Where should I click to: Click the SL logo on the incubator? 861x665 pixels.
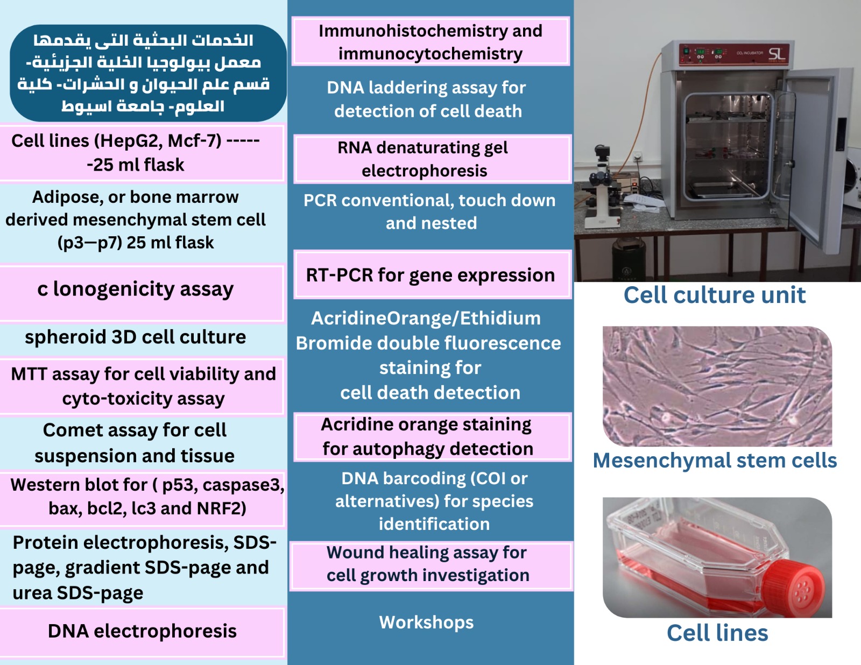pos(777,53)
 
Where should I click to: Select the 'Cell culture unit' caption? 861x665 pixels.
pos(715,295)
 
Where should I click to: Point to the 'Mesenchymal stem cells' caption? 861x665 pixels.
pos(715,461)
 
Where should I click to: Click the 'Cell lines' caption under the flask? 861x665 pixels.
pos(717,633)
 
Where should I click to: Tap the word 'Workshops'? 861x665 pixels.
pos(426,622)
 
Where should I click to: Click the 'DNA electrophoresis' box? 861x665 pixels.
pos(142,631)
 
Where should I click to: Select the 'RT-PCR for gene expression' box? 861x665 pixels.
pos(430,275)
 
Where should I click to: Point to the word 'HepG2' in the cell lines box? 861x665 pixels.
pos(130,141)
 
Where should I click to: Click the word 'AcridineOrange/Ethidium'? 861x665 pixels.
pos(426,319)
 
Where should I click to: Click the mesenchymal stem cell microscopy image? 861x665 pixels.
pos(717,386)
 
